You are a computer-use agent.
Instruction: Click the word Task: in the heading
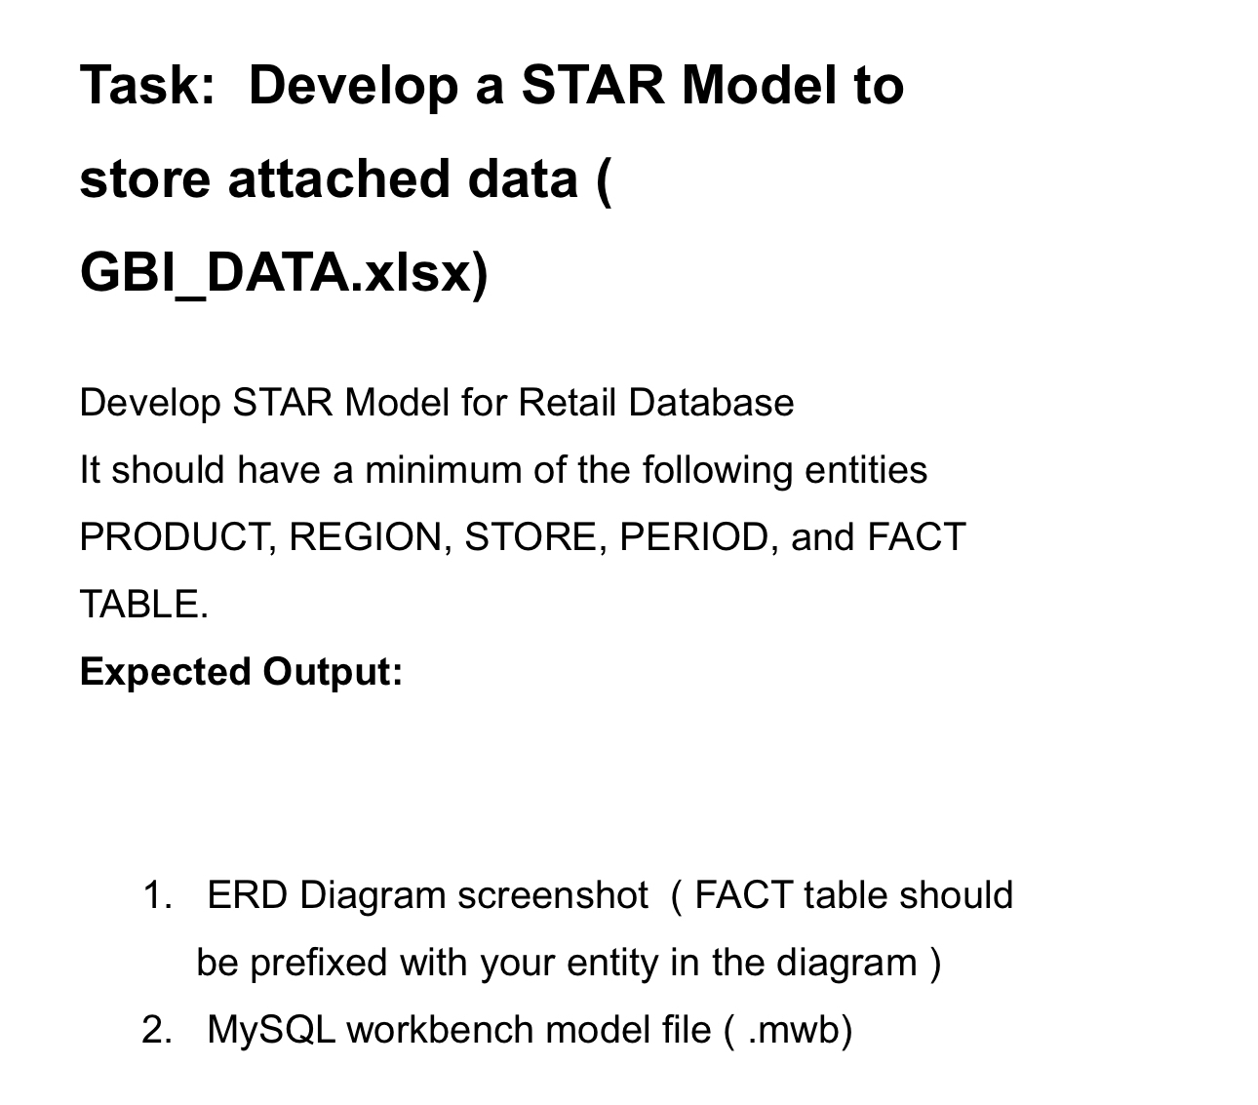pyautogui.click(x=147, y=85)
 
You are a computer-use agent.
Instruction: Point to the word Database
pyautogui.click(x=711, y=403)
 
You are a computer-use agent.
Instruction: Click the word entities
pyautogui.click(x=865, y=470)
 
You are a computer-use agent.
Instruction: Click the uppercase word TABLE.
pyautogui.click(x=143, y=605)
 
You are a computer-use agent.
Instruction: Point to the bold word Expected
pyautogui.click(x=165, y=672)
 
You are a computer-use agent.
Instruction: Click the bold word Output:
pyautogui.click(x=332, y=672)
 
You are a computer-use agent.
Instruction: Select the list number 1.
pyautogui.click(x=157, y=895)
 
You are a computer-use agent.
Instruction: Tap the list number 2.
pyautogui.click(x=157, y=1030)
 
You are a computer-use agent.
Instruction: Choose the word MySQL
pyautogui.click(x=271, y=1030)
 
